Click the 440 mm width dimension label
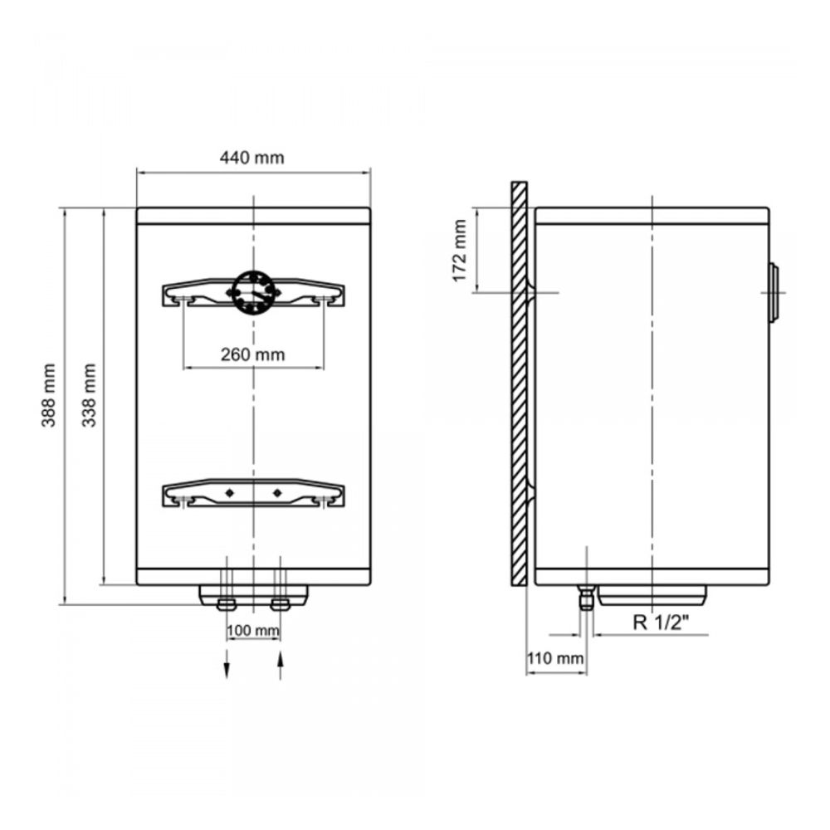(252, 158)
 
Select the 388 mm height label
(48, 395)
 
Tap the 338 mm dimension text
(89, 395)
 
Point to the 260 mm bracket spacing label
(253, 354)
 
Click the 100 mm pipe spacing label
(253, 631)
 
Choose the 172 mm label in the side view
(460, 251)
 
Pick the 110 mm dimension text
(555, 658)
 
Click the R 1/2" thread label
(662, 622)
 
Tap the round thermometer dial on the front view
(254, 292)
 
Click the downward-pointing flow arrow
(227, 664)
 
